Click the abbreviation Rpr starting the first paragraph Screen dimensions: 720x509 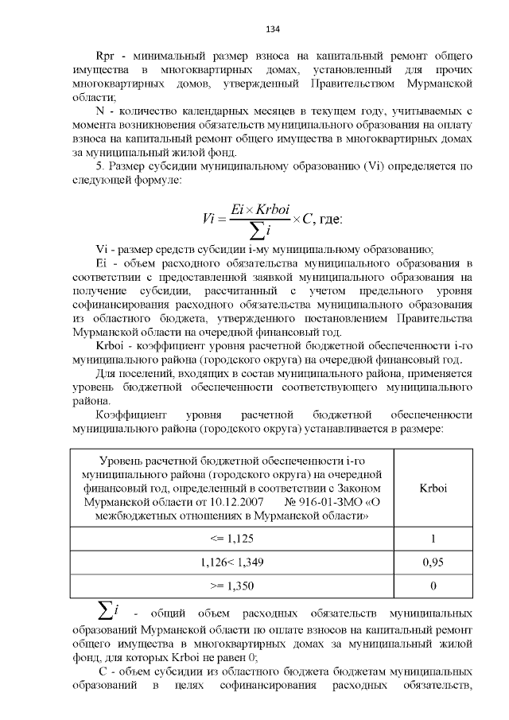[106, 58]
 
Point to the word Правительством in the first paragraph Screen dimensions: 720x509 [361, 84]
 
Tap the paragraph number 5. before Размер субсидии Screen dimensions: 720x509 [99, 166]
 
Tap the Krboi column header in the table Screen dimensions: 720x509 [433, 488]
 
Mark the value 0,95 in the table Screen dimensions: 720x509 [433, 562]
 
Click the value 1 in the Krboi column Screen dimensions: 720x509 [433, 539]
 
